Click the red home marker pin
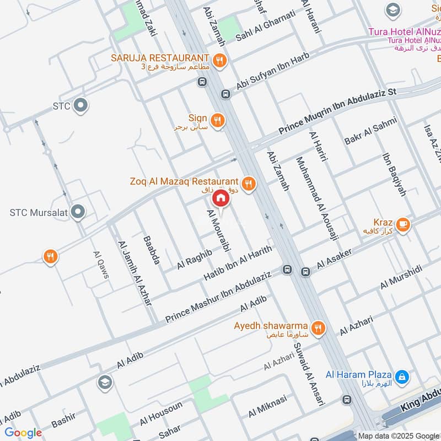point(220,198)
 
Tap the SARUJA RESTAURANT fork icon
point(220,61)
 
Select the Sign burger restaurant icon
point(218,120)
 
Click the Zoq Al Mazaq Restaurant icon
point(249,184)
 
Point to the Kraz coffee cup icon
point(403,224)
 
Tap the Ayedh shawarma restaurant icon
point(318,329)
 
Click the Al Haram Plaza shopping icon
point(403,377)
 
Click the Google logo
point(23,433)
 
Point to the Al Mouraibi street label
point(218,230)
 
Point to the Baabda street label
point(151,250)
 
